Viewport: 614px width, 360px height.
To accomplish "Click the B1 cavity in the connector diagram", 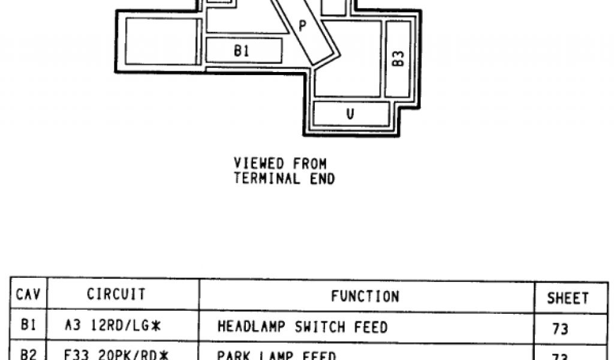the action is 243,50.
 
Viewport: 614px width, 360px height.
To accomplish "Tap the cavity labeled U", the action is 351,113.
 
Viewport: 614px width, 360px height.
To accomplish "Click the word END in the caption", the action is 323,178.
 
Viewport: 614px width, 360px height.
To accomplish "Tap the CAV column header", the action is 28,295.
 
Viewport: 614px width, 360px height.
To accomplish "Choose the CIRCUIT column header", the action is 116,295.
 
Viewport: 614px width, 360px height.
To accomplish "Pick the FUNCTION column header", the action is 365,296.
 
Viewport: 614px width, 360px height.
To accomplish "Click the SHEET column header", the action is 567,298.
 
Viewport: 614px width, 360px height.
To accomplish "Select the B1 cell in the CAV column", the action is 28,326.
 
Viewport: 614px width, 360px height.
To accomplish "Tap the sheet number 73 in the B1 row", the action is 560,329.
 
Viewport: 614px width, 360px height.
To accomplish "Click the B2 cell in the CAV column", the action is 28,354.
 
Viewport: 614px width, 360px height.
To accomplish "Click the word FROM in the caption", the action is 309,163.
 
